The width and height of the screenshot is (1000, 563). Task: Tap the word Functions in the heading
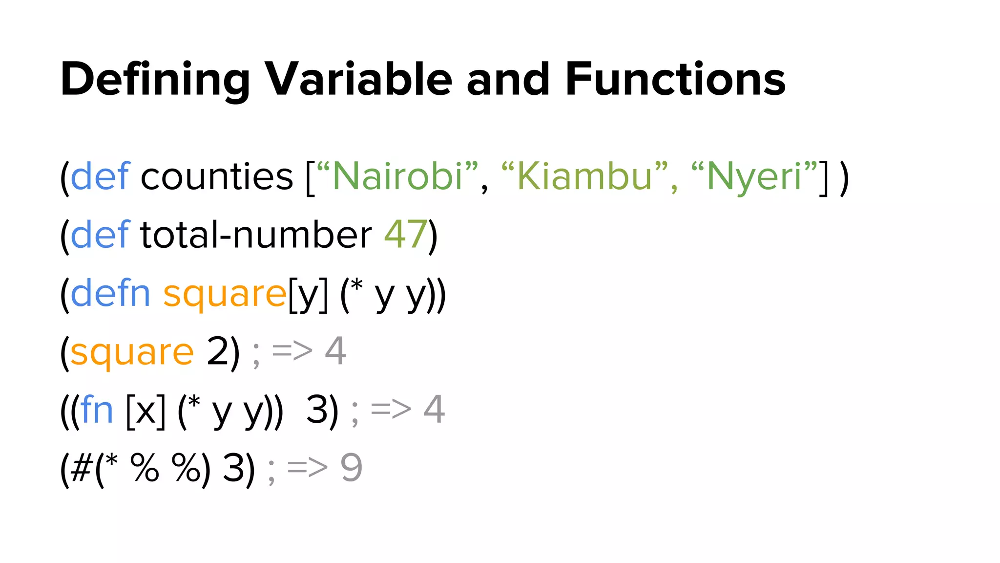click(675, 79)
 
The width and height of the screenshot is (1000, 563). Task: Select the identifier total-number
click(256, 235)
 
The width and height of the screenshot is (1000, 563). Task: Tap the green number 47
click(405, 235)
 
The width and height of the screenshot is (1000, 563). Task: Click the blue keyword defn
click(110, 293)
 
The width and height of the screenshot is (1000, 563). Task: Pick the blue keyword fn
click(97, 410)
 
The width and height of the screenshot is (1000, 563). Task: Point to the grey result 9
click(351, 468)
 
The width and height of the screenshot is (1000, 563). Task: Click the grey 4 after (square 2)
click(335, 351)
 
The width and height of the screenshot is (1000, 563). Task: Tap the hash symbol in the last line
click(82, 468)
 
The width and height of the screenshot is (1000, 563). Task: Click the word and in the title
click(508, 79)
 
